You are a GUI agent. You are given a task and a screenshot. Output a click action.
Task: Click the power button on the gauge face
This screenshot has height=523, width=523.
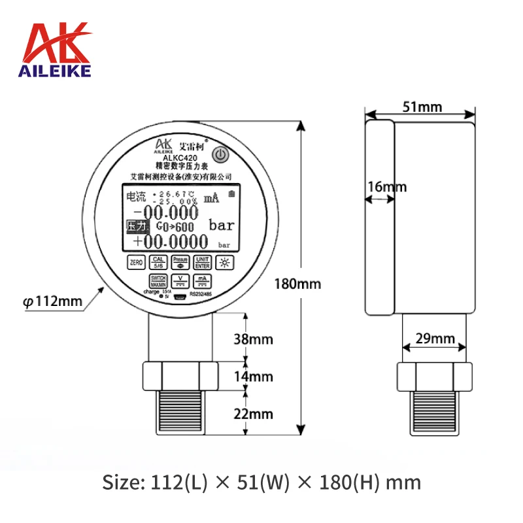point(221,155)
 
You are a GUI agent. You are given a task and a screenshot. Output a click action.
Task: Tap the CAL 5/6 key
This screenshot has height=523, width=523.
point(158,262)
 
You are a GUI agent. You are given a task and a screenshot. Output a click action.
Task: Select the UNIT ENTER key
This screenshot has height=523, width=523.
point(202,262)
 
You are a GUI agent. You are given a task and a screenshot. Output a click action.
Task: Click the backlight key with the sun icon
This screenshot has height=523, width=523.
point(224,262)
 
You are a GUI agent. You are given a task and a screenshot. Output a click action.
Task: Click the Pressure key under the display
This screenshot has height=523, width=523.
point(180,262)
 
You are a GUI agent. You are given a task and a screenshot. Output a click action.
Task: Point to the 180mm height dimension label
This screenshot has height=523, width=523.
point(299,284)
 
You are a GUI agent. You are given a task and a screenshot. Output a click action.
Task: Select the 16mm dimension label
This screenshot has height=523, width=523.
point(386,187)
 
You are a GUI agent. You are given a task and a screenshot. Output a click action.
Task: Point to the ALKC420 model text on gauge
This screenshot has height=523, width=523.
point(180,157)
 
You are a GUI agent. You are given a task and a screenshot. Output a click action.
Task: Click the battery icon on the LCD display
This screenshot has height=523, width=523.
point(231,194)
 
